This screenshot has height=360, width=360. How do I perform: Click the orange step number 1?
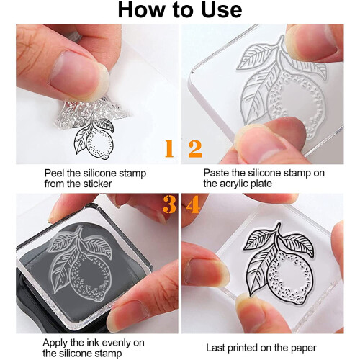coord(169,148)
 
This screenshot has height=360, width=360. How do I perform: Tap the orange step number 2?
coord(195,149)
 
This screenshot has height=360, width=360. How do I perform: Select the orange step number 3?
coord(169,204)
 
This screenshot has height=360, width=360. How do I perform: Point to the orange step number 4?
coord(193,204)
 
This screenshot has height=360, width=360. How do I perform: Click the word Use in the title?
coord(221,10)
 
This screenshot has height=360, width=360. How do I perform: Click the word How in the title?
coord(139,10)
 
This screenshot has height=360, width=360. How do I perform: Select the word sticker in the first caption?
coord(97,184)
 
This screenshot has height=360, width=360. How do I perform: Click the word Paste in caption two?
coord(217,173)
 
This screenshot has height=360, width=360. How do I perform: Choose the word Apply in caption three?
coord(55,343)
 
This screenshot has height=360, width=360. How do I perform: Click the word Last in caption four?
coord(215,348)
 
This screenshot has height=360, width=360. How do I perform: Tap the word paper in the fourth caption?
coord(304,348)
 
